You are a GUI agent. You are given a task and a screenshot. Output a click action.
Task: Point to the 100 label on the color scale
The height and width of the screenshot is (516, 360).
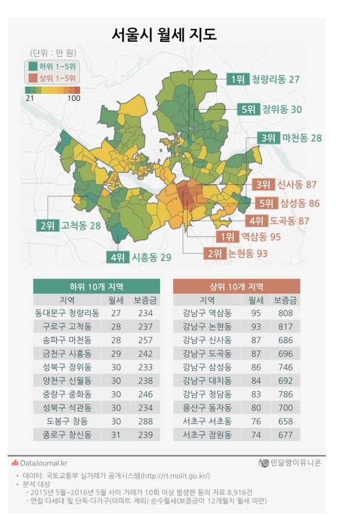pyautogui.click(x=74, y=98)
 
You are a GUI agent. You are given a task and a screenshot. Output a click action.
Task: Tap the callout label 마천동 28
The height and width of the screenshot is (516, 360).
pyautogui.click(x=302, y=137)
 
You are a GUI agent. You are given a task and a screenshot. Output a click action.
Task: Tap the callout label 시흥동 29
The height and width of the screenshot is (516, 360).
pyautogui.click(x=151, y=257)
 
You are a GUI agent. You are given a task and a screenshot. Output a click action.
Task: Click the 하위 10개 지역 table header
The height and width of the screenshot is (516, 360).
pyautogui.click(x=97, y=286)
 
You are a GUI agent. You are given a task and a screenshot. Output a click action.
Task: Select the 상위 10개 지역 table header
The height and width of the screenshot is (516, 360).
pyautogui.click(x=236, y=286)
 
